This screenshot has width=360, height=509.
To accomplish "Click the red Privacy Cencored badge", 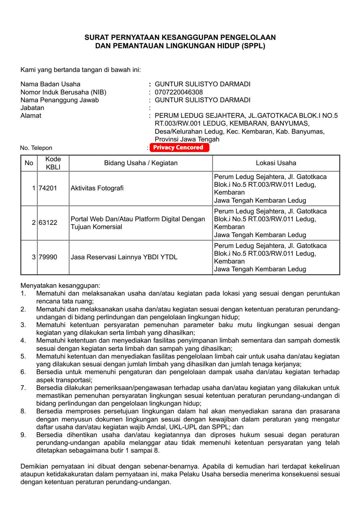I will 179,147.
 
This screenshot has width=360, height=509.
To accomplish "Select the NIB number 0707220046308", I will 178,92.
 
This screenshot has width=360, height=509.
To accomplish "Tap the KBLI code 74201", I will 48,188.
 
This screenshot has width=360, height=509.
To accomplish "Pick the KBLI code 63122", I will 48,223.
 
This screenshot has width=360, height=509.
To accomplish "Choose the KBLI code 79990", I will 48,257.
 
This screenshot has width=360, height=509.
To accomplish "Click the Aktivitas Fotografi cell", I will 97,188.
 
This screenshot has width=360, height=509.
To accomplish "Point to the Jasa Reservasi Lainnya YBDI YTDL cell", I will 124,257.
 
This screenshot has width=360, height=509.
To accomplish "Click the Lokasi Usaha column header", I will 276,163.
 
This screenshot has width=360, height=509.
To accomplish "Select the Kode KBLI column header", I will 53,163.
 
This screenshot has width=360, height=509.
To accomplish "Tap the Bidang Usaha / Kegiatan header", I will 141,163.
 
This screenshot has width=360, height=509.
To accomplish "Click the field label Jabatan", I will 32,108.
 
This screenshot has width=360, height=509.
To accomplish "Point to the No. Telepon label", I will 36,148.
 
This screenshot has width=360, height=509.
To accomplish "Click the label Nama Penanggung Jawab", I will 59,100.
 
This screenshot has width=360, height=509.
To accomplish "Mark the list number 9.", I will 23,435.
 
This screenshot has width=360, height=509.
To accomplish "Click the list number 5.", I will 23,356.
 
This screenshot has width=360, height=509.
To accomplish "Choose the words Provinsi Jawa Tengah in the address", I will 187,139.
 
